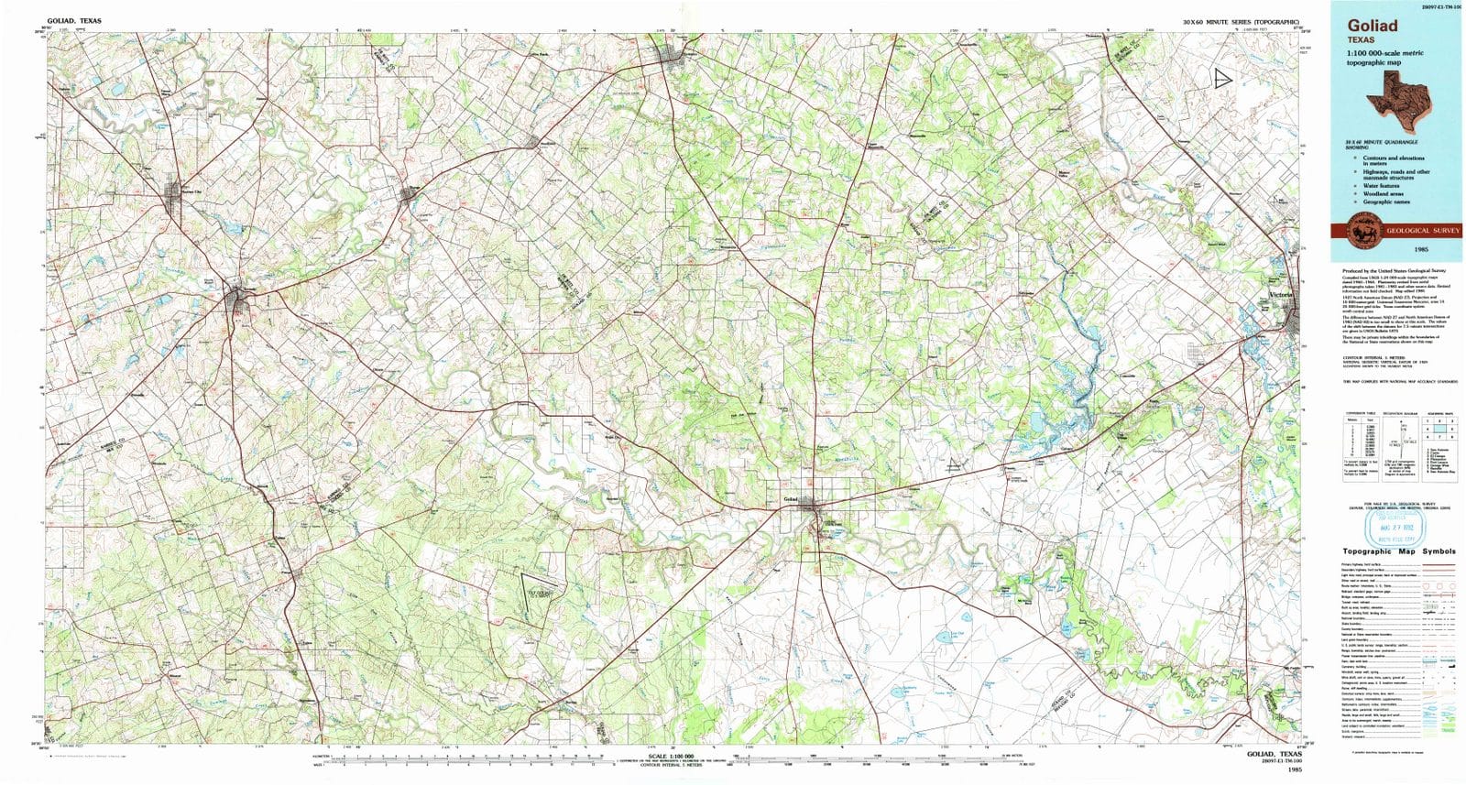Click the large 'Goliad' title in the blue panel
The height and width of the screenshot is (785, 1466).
[x=1373, y=27]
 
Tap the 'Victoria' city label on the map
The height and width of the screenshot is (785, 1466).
[x=1281, y=295]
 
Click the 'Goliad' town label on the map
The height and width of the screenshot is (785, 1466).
[x=792, y=499]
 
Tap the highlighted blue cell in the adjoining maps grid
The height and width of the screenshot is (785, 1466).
[x=1442, y=429]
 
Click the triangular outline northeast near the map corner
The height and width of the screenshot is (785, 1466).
[x=1222, y=79]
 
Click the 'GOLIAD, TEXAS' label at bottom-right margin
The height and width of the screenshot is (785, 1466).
[x=1275, y=754]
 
